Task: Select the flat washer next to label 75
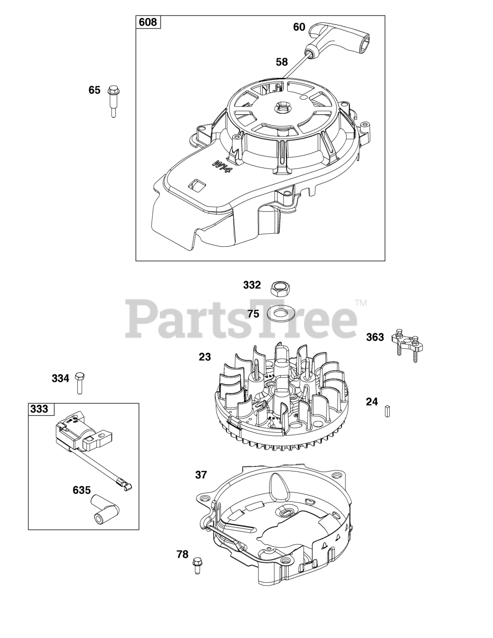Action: (278, 314)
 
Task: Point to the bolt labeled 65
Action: (113, 100)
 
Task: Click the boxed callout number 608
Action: (148, 22)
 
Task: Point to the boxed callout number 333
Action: (40, 409)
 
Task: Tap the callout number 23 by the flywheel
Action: (204, 357)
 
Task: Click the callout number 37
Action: (200, 475)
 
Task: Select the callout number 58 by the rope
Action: (282, 62)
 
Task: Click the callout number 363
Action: (375, 337)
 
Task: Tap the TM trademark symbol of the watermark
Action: (360, 303)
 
